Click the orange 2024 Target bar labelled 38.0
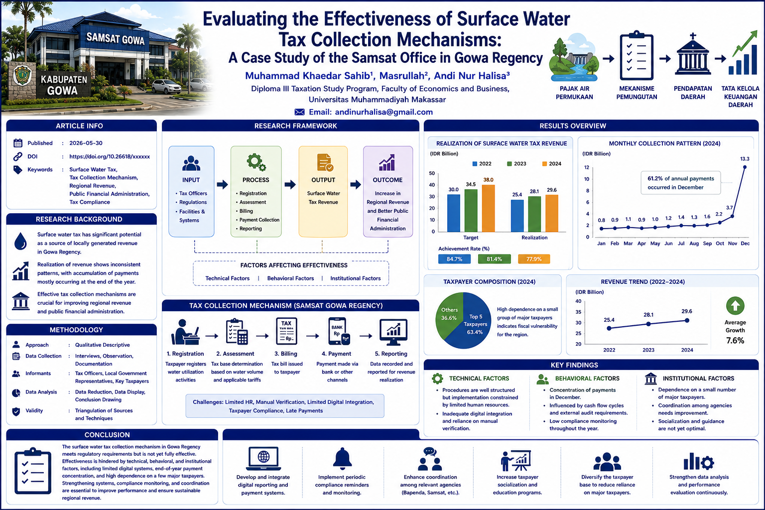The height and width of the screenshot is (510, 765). pyautogui.click(x=489, y=208)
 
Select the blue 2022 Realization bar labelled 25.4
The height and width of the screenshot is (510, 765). pyautogui.click(x=517, y=216)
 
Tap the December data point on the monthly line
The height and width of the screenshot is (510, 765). pyautogui.click(x=745, y=167)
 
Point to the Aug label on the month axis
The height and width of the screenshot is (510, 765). pyautogui.click(x=694, y=244)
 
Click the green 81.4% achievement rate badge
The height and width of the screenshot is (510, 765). pyautogui.click(x=494, y=259)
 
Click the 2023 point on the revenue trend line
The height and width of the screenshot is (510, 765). pyautogui.click(x=648, y=324)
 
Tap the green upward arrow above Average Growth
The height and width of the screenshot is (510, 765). pyautogui.click(x=735, y=306)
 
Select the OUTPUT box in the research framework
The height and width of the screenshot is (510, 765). pyautogui.click(x=323, y=192)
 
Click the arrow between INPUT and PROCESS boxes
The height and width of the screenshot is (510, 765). pyautogui.click(x=222, y=184)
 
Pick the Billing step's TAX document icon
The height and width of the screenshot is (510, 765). pyautogui.click(x=286, y=331)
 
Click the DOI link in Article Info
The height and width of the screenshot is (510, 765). pyautogui.click(x=109, y=156)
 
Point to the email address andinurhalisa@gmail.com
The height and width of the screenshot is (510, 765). pyautogui.click(x=383, y=112)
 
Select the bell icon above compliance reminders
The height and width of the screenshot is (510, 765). pyautogui.click(x=342, y=459)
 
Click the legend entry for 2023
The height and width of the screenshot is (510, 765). pyautogui.click(x=516, y=164)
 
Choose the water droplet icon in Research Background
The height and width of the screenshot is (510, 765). pyautogui.click(x=20, y=241)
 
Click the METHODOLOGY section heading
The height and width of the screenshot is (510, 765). pyautogui.click(x=76, y=330)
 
